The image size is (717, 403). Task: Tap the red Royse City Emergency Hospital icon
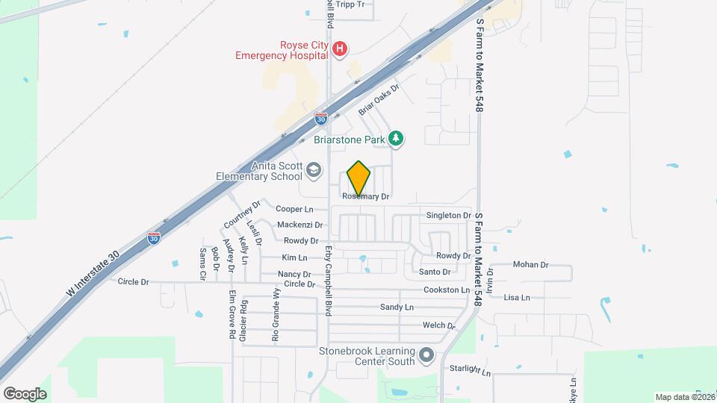click(x=339, y=49)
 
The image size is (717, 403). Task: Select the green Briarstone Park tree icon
click(x=397, y=139)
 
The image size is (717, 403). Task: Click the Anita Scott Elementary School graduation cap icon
click(x=314, y=171)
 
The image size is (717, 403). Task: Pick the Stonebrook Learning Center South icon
click(x=426, y=355)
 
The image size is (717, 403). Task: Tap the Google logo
click(x=25, y=393)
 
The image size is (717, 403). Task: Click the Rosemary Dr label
click(x=366, y=196)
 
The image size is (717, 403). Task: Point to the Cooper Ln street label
click(x=294, y=210)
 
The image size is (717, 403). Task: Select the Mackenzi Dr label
click(x=299, y=225)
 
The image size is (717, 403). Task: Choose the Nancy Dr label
click(x=294, y=275)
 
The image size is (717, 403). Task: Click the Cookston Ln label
click(x=446, y=290)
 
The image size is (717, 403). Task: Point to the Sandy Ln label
click(x=397, y=307)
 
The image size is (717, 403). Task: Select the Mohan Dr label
click(x=531, y=265)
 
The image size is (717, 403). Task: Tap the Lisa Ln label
click(x=517, y=297)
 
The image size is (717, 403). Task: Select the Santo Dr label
click(x=434, y=272)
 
